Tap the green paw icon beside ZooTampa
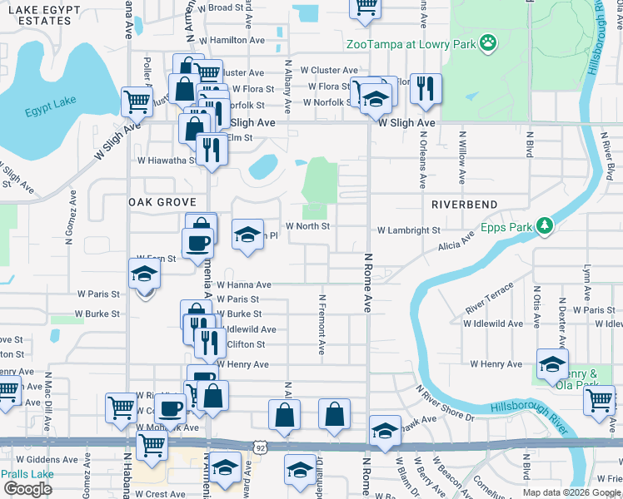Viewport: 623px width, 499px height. pos(488,42)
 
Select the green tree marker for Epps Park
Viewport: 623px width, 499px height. pos(544,225)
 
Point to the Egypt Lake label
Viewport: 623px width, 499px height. pos(51,106)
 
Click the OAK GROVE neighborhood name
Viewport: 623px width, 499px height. pos(162,202)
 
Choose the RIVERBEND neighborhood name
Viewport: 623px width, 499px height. pos(465,204)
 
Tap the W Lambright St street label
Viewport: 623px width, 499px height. pos(408,230)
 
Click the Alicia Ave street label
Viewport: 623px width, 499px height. pos(456,241)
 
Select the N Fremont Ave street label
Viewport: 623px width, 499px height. pos(321,324)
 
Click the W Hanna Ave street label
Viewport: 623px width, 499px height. pos(244,284)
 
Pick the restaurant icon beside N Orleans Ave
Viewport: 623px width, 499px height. pos(426,88)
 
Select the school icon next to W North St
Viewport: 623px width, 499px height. pos(247,234)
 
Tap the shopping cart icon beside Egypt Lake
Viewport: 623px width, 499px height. pos(137,101)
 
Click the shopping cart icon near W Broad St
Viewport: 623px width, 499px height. pos(365,7)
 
